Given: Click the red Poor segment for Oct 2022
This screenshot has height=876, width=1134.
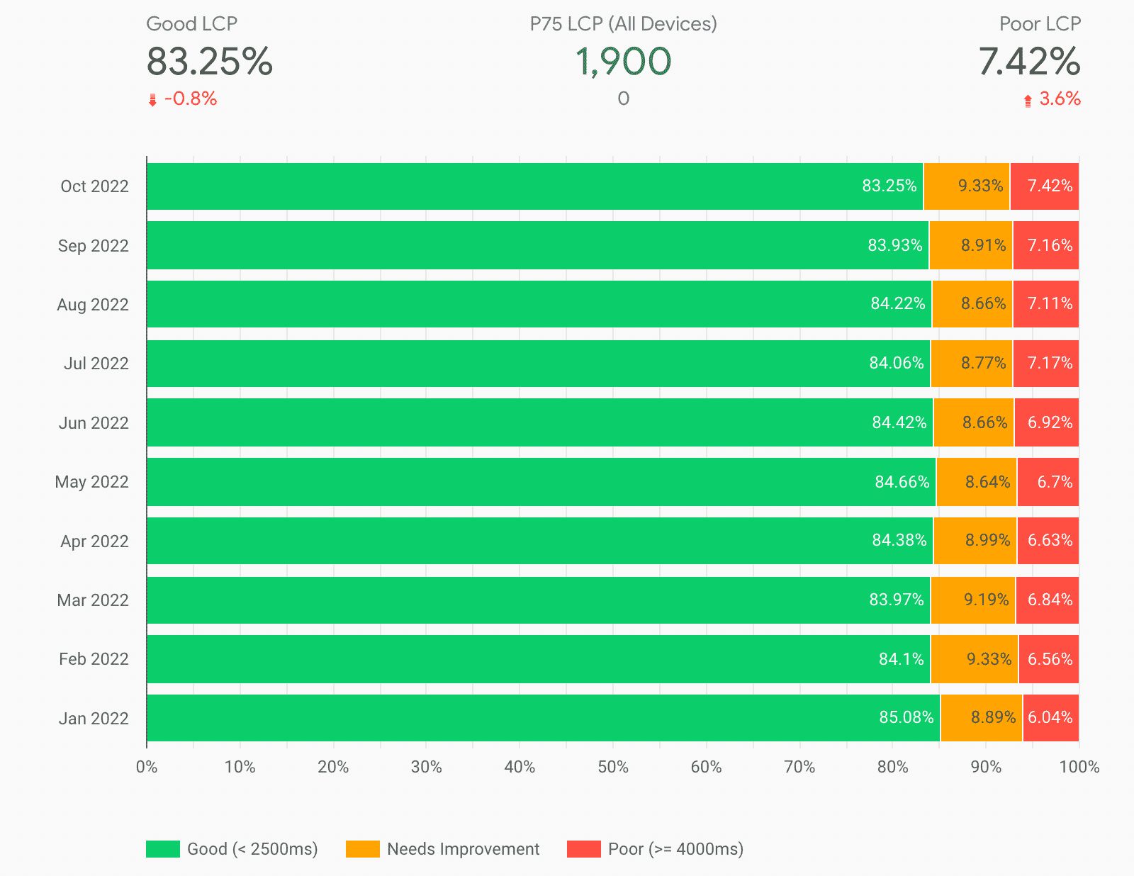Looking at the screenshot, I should pyautogui.click(x=1044, y=186).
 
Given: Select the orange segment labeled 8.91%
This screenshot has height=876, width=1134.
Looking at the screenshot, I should pyautogui.click(x=971, y=245).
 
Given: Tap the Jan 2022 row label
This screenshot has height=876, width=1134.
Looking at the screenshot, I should pyautogui.click(x=94, y=719).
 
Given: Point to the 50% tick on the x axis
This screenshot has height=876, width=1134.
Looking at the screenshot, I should pyautogui.click(x=613, y=767).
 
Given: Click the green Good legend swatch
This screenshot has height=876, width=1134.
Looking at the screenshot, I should pyautogui.click(x=163, y=849).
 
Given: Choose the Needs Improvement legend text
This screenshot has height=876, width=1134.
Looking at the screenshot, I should pyautogui.click(x=463, y=849).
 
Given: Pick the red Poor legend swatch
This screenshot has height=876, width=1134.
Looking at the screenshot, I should pyautogui.click(x=583, y=849).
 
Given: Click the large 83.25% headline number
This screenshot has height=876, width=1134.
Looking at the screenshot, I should pyautogui.click(x=209, y=62).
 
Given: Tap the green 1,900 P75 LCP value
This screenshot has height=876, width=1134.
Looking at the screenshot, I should pyautogui.click(x=623, y=62).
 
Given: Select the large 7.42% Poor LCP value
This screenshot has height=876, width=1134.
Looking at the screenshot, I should pyautogui.click(x=1029, y=62).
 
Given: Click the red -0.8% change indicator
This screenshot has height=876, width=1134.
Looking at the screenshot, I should pyautogui.click(x=190, y=99).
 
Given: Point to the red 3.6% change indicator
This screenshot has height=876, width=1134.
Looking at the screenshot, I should pyautogui.click(x=1059, y=99).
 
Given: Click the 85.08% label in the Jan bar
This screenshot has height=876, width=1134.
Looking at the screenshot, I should pyautogui.click(x=906, y=717).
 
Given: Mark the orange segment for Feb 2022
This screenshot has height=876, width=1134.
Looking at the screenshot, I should pyautogui.click(x=975, y=659).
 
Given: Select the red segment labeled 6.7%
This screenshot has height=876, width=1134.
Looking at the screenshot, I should pyautogui.click(x=1048, y=482).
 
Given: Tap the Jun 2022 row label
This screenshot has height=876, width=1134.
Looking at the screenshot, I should pyautogui.click(x=94, y=423).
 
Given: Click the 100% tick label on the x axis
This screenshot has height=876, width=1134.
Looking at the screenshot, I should pyautogui.click(x=1079, y=767).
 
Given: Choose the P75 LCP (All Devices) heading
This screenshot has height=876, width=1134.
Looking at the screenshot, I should pyautogui.click(x=623, y=24).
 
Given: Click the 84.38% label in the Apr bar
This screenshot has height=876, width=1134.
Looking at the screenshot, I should pyautogui.click(x=899, y=541).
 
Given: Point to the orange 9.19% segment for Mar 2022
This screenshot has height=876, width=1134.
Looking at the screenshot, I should pyautogui.click(x=972, y=600).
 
